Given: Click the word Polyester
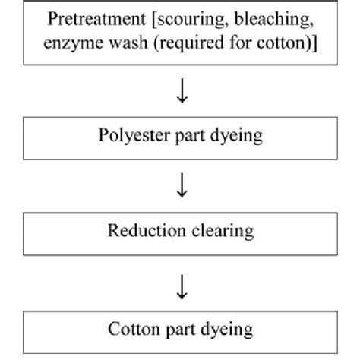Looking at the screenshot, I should click(130, 137).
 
